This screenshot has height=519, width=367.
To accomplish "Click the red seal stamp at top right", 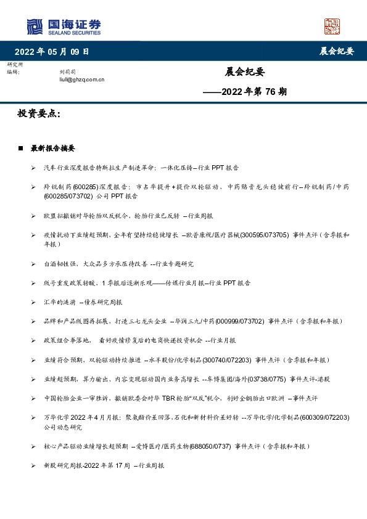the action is (x=332, y=26).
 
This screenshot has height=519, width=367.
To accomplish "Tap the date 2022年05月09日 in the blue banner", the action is (x=52, y=51).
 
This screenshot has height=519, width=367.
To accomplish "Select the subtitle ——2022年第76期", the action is (x=245, y=92).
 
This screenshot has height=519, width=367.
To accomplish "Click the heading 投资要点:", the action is (x=39, y=114).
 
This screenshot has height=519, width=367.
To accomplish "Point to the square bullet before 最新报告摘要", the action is (x=20, y=149).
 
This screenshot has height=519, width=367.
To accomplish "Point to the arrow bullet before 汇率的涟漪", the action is (x=33, y=302).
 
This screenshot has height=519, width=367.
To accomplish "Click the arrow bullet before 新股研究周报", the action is (x=33, y=466).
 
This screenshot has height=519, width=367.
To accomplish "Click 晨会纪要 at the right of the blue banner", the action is (x=336, y=51).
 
